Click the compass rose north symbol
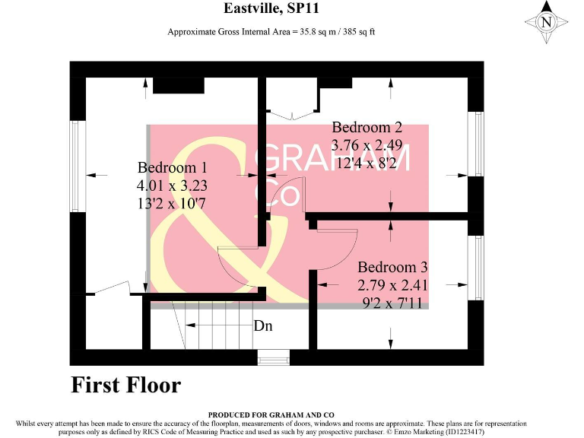click(545, 22)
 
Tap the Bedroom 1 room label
click(172, 167)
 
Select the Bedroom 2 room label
click(367, 127)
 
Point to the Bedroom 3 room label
click(393, 268)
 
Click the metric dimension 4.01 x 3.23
click(172, 185)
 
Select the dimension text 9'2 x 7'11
click(393, 302)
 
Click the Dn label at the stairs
click(263, 326)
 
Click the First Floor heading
click(126, 385)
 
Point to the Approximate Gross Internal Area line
click(271, 32)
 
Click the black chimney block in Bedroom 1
click(178, 85)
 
